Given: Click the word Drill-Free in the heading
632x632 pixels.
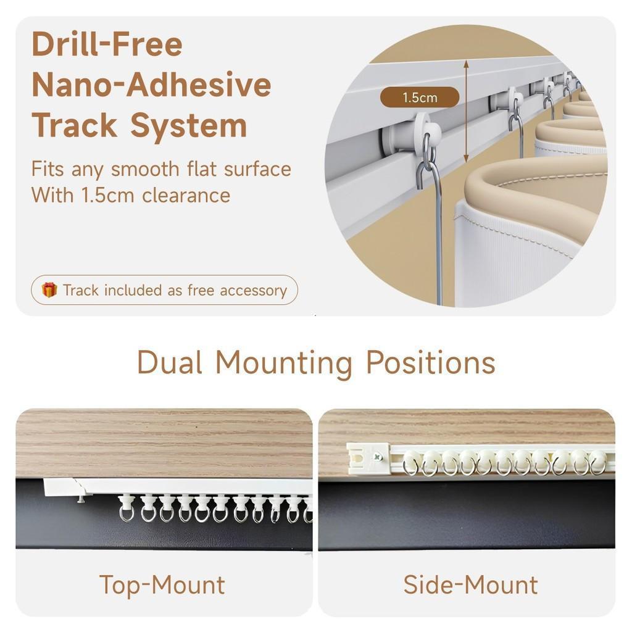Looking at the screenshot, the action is point(107,44).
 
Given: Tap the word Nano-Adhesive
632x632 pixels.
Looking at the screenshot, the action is point(151,85).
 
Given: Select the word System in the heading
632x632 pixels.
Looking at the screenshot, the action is point(188,126).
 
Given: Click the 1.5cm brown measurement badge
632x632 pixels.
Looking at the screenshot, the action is point(420,98).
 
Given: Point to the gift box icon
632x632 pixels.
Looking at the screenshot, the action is point(49,290).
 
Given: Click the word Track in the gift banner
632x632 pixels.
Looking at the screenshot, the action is point(81,290).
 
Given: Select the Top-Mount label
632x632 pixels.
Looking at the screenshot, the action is point(162,584).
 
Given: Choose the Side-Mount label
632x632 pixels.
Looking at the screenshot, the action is point(470,584).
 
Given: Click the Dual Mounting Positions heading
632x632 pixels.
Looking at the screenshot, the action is point(316,363).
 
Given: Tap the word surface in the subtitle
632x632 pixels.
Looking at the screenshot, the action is point(257,169).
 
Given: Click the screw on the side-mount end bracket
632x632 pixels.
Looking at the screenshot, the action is point(378,457).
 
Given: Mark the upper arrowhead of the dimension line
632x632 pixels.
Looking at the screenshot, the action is point(466,64).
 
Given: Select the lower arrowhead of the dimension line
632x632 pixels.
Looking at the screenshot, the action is point(466,158).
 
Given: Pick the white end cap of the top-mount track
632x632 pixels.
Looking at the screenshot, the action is point(60,488).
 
